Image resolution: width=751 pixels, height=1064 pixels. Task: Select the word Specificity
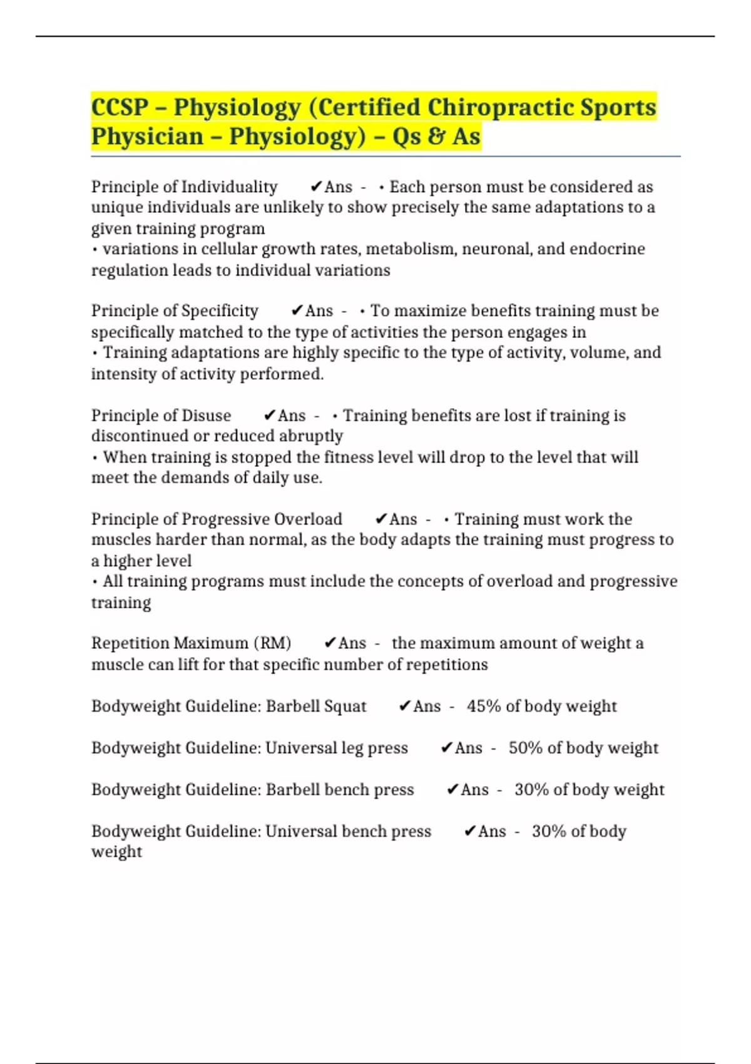(x=219, y=311)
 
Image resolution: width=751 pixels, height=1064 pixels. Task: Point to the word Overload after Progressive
(x=308, y=519)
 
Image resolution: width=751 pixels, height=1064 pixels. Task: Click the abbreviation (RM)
(x=272, y=643)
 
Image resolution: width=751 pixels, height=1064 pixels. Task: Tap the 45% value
(x=483, y=707)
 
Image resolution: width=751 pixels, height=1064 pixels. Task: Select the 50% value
(x=525, y=748)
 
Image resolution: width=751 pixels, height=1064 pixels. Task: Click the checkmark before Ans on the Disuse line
(x=270, y=416)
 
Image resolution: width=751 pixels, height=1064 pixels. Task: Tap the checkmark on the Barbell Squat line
(x=404, y=707)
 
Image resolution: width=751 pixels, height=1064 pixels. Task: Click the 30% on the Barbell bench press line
(x=531, y=790)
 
